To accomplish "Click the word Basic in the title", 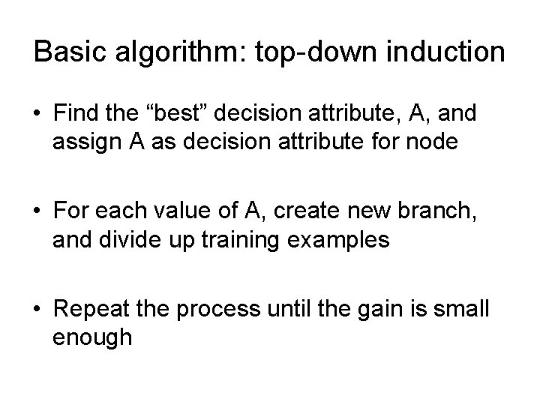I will [67, 52].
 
